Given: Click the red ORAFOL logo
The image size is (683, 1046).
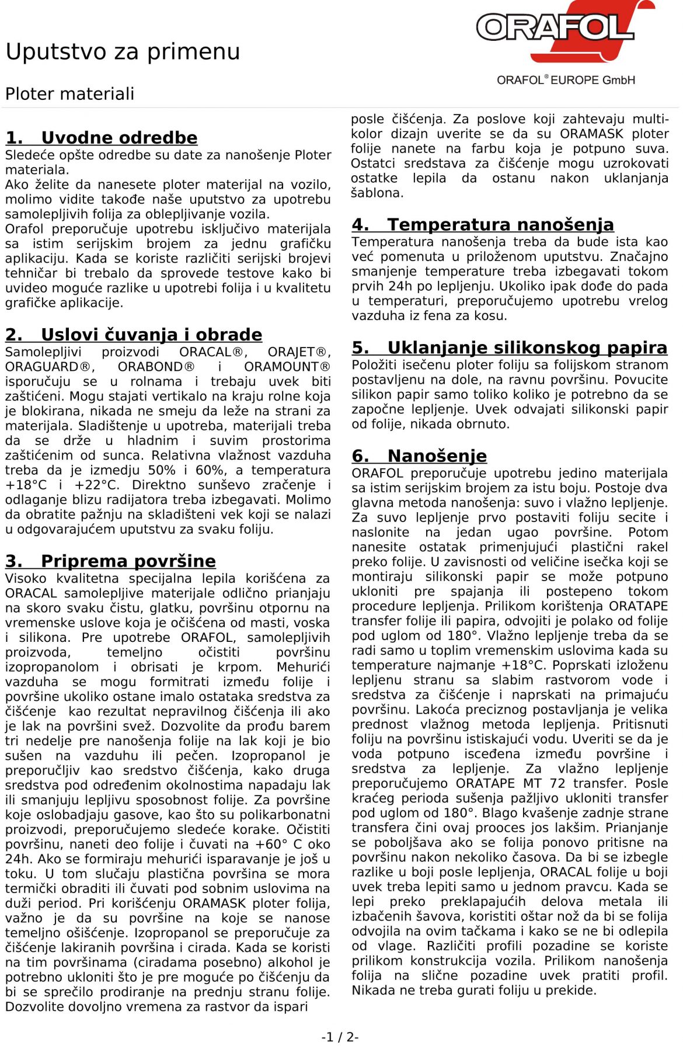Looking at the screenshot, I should pos(564,29).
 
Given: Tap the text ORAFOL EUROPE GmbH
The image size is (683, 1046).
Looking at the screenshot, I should pos(566,80).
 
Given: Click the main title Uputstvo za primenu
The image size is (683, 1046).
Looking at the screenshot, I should pos(123,51).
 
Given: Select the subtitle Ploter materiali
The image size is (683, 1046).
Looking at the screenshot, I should pos(69,93).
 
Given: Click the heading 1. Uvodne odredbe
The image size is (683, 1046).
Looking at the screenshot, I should pos(102,138).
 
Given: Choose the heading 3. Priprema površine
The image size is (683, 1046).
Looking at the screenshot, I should pos(110,561).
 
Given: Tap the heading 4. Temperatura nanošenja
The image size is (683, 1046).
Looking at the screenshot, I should pos(483,225).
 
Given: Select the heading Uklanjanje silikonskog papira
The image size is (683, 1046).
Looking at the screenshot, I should pos(509,348).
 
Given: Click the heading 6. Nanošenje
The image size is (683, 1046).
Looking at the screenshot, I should pos(419,456).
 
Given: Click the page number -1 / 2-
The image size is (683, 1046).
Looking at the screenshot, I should pos(340,1037).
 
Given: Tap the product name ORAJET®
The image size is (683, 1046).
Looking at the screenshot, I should pos(297,352).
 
